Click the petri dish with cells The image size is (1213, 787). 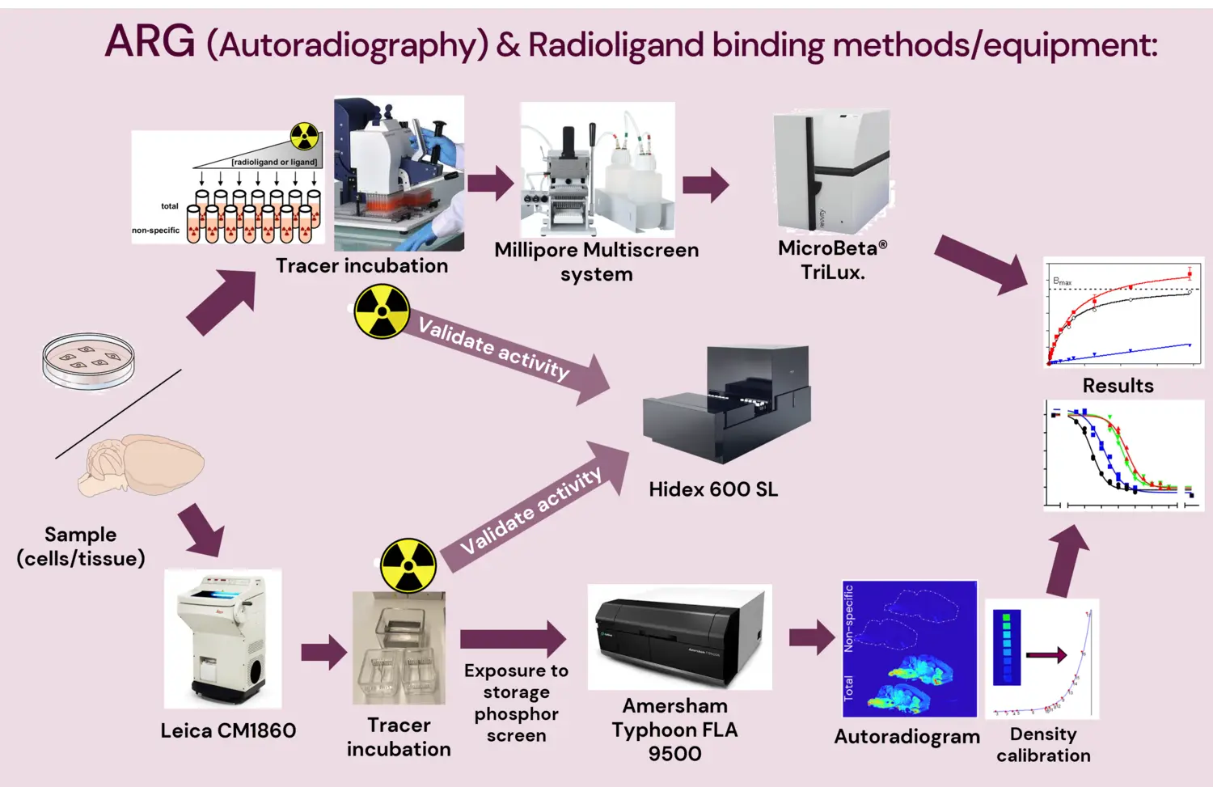pyautogui.click(x=88, y=361)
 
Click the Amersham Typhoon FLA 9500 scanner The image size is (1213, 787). pyautogui.click(x=679, y=637)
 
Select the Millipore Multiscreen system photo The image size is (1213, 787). pyautogui.click(x=597, y=170)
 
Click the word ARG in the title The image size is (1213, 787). pyautogui.click(x=150, y=42)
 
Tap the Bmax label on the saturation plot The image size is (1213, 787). pyautogui.click(x=1062, y=281)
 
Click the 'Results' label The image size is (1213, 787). pyautogui.click(x=1118, y=386)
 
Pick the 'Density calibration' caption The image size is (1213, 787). pyautogui.click(x=1043, y=745)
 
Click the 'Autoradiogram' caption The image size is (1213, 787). pyautogui.click(x=907, y=737)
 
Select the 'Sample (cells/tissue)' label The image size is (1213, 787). pyautogui.click(x=81, y=546)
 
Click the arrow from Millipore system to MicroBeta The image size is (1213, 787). pyautogui.click(x=705, y=184)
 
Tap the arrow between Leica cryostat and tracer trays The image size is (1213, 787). pyautogui.click(x=323, y=652)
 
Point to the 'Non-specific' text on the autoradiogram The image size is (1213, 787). pyautogui.click(x=848, y=619)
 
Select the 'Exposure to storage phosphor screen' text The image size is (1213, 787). pyautogui.click(x=516, y=703)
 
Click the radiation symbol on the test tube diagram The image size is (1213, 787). pyautogui.click(x=304, y=137)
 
